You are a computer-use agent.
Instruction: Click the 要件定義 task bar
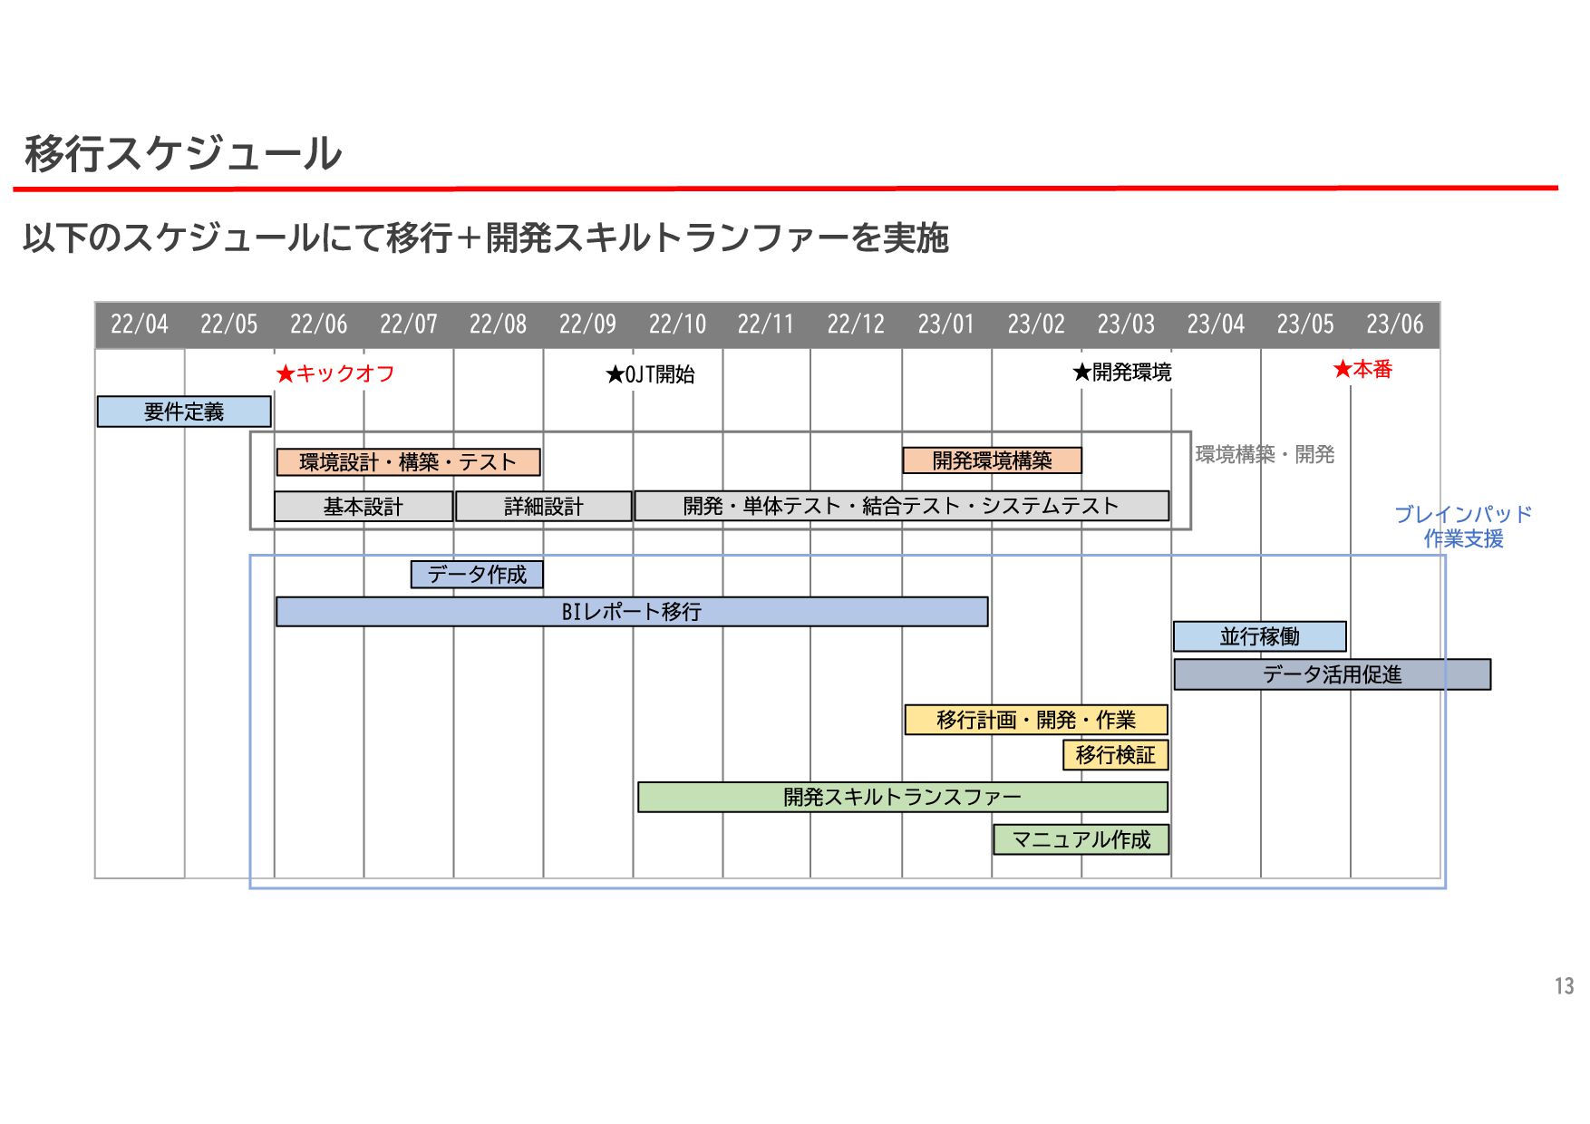click(184, 412)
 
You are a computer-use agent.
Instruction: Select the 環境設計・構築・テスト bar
click(408, 462)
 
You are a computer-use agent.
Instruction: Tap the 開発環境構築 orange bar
click(992, 460)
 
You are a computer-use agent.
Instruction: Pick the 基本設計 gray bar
click(363, 507)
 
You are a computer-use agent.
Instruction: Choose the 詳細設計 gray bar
click(543, 507)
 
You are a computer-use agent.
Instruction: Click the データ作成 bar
click(477, 575)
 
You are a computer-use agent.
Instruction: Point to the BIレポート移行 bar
click(632, 612)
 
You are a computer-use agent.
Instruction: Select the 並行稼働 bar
click(1259, 636)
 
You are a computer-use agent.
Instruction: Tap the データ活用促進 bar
click(1332, 674)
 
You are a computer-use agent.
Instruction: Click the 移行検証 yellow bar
click(1115, 755)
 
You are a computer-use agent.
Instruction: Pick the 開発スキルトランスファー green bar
click(902, 797)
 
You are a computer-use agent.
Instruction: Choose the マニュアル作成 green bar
click(1081, 839)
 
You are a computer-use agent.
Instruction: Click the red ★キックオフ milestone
click(335, 373)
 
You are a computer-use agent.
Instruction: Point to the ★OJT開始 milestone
click(650, 374)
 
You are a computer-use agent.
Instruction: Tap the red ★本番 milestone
click(1362, 369)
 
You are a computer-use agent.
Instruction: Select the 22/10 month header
click(677, 325)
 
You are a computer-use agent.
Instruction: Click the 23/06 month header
click(1394, 325)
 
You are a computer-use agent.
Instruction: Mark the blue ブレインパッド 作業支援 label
click(1463, 527)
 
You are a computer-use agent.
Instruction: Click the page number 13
click(1564, 986)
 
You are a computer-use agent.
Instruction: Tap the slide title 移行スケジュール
click(183, 153)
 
